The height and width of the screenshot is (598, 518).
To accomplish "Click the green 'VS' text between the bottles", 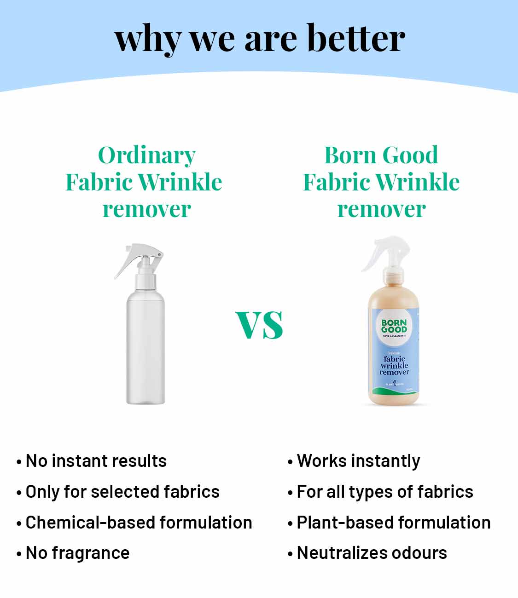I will pos(259,325).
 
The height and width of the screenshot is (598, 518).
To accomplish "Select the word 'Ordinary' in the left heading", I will pos(147,156).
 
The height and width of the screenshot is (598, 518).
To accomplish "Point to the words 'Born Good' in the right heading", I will pos(381,155).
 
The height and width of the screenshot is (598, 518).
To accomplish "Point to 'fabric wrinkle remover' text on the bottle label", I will pos(394,365).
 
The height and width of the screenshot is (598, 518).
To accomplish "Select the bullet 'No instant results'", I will pos(96,461).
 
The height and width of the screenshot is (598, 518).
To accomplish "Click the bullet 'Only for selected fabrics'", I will pos(122,492).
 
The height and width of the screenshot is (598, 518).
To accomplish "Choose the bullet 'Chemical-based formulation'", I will pos(139,523).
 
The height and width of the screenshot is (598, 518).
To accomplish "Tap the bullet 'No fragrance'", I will pos(77,553).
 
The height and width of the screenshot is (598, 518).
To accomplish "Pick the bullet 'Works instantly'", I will pos(358,461).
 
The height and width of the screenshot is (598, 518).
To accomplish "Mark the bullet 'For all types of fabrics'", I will pos(384,492).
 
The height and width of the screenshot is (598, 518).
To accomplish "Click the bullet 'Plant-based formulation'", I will pos(393,523).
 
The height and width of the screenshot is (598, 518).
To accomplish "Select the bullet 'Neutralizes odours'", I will pos(372,553).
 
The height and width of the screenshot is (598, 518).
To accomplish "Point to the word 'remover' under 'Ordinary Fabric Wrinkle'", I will pos(146,209).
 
